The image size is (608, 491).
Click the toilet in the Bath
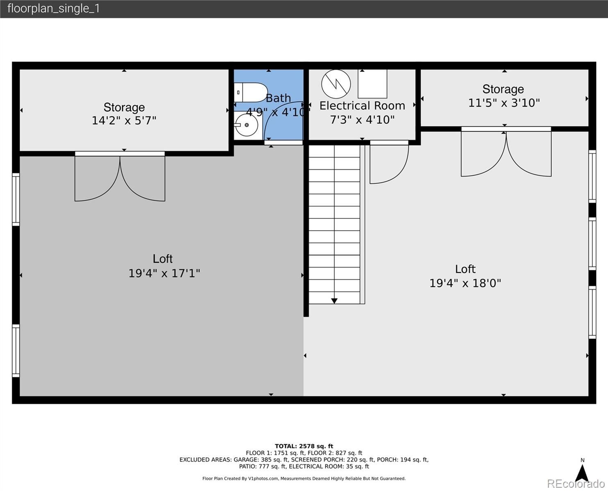pyautogui.click(x=251, y=92)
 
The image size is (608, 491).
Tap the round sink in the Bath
pyautogui.click(x=246, y=125)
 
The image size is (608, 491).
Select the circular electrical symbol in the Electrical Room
pyautogui.click(x=336, y=84)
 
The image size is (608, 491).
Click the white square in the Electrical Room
pyautogui.click(x=372, y=84)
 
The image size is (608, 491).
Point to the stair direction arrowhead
pyautogui.click(x=334, y=301)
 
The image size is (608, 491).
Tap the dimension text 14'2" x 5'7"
pyautogui.click(x=124, y=121)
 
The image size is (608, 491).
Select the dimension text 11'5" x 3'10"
pyautogui.click(x=504, y=103)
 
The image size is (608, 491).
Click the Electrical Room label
pyautogui.click(x=362, y=106)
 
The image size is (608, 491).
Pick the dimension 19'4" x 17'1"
pyautogui.click(x=164, y=273)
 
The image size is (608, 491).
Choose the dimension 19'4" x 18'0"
pyautogui.click(x=465, y=283)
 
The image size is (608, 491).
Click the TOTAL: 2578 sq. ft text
pyautogui.click(x=304, y=446)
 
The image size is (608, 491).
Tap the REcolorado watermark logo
pyautogui.click(x=576, y=484)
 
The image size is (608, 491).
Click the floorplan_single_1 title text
pyautogui.click(x=54, y=9)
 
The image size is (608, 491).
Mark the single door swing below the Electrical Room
pyautogui.click(x=389, y=164)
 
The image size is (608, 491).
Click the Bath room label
pyautogui.click(x=278, y=98)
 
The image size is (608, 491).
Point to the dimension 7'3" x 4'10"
pyautogui.click(x=362, y=120)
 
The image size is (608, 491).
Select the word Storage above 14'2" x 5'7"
pyautogui.click(x=124, y=108)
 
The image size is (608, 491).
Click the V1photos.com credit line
pyautogui.click(x=304, y=478)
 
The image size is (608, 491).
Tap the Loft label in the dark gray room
pyautogui.click(x=162, y=259)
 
